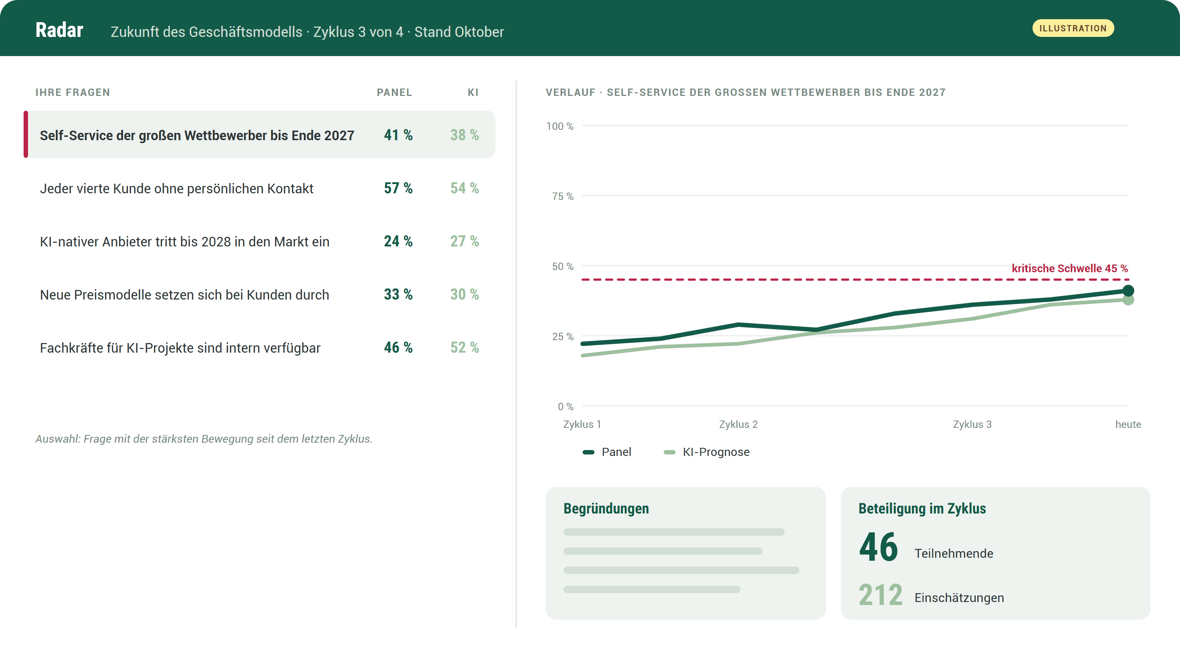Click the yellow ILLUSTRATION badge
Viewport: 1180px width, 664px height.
1073,28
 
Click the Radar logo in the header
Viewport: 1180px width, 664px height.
59,30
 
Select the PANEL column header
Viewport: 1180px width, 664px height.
395,93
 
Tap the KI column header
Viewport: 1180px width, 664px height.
473,93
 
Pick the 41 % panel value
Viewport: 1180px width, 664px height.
398,135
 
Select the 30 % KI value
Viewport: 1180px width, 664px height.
465,294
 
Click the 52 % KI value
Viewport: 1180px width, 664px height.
465,347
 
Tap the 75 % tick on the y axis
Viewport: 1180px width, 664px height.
562,196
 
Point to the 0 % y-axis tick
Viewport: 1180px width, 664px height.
565,407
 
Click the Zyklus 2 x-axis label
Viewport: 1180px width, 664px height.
738,424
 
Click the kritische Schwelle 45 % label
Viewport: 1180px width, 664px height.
1070,269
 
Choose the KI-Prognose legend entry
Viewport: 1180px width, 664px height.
707,452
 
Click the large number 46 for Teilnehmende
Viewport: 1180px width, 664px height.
878,547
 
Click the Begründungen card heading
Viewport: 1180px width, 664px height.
606,509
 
